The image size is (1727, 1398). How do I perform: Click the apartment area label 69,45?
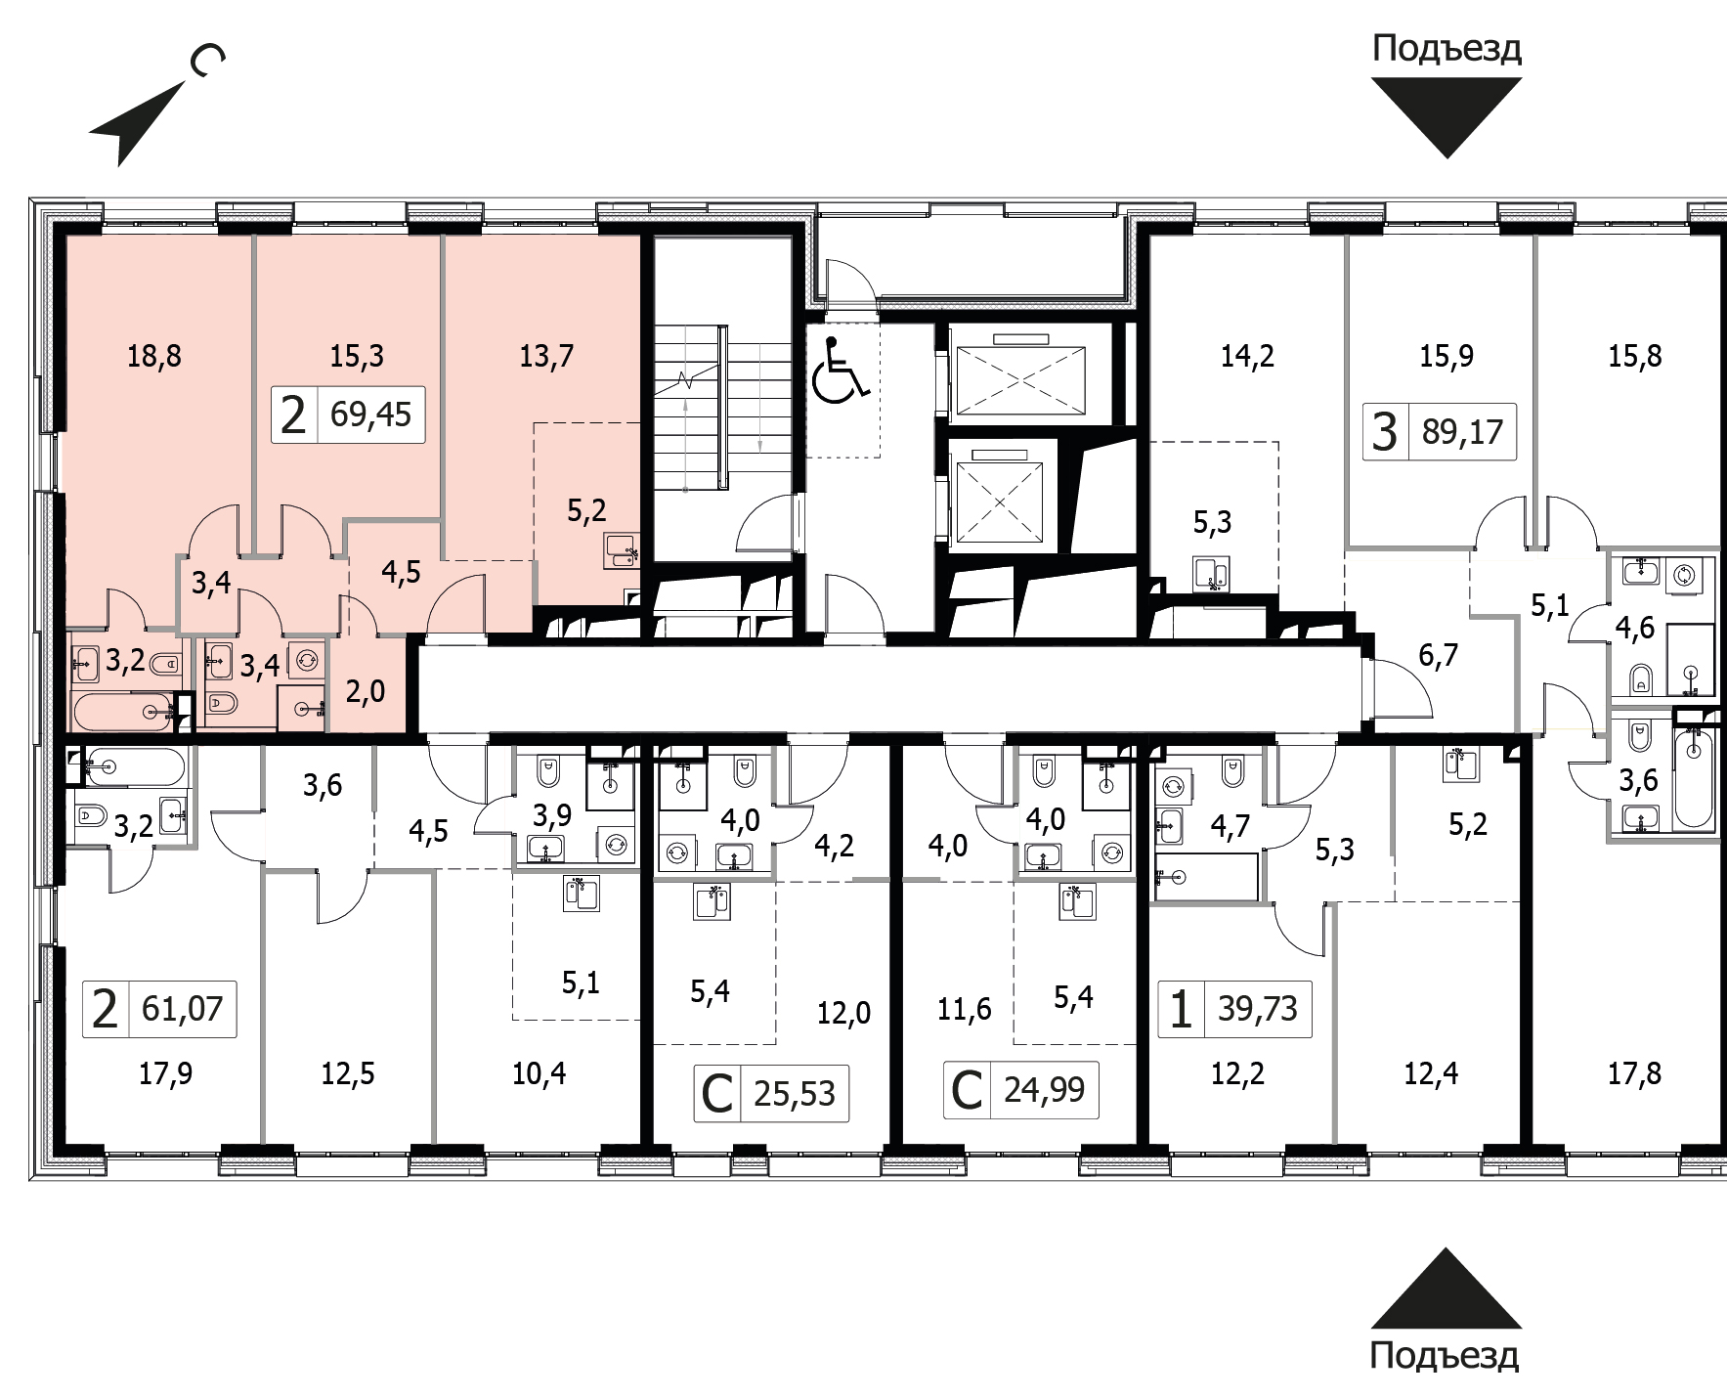point(370,414)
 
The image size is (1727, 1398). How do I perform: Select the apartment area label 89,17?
point(1462,430)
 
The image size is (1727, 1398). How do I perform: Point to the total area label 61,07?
point(183,1007)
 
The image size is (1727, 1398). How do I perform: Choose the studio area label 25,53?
point(795,1093)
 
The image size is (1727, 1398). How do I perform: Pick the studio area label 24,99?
point(1044,1088)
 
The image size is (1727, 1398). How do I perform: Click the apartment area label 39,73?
point(1258,1007)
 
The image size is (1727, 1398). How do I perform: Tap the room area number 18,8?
point(154,356)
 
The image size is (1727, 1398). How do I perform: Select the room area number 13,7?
point(546,356)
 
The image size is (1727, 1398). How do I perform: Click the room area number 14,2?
point(1247,356)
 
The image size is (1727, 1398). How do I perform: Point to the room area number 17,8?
point(1635,1073)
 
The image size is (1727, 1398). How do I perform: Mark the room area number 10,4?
point(540,1073)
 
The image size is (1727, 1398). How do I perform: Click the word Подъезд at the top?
point(1446,47)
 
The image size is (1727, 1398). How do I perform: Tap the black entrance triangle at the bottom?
point(1446,1288)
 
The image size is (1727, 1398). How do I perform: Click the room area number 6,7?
point(1438,655)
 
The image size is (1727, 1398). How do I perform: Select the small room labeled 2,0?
point(366,691)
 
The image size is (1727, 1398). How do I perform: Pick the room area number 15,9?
point(1446,356)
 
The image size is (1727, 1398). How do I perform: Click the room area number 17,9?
point(165,1073)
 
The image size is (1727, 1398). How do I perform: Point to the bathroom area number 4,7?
point(1230,826)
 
